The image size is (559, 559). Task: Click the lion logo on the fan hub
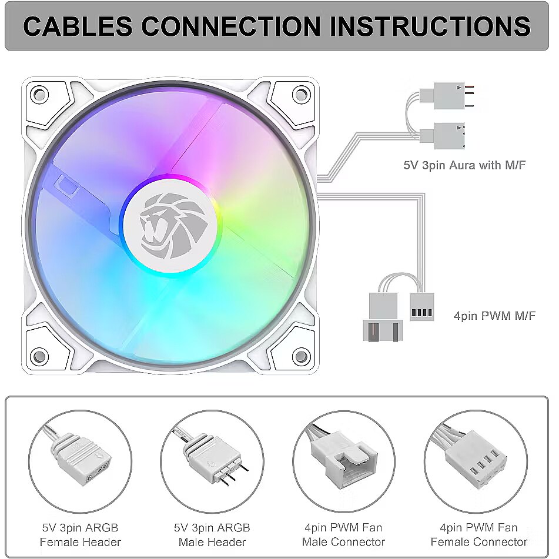(x=170, y=226)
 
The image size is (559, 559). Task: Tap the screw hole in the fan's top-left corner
(x=39, y=93)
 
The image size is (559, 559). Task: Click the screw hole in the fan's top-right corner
(x=300, y=93)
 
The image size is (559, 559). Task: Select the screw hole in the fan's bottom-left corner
(x=39, y=355)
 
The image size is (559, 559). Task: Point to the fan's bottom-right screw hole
(x=300, y=355)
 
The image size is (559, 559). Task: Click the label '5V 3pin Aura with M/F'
(x=464, y=165)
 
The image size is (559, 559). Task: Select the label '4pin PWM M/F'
(x=494, y=316)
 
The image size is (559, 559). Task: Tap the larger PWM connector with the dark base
(x=382, y=317)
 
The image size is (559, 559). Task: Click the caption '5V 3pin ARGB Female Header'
(x=80, y=534)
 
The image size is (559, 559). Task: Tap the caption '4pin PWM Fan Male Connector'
(x=344, y=534)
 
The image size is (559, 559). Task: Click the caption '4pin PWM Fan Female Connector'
(x=478, y=534)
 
